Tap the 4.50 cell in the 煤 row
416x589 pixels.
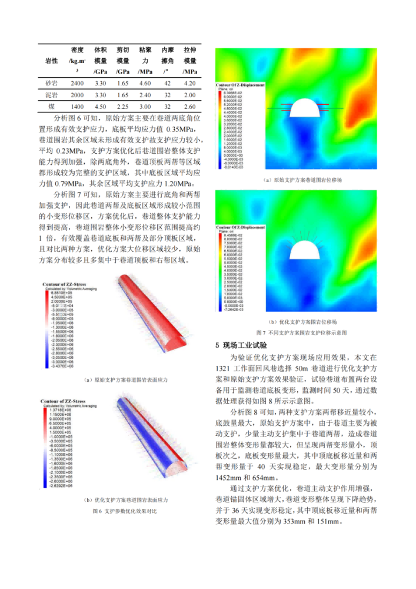[x=101, y=107]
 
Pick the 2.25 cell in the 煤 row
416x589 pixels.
[x=123, y=107]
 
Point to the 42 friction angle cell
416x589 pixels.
[x=168, y=83]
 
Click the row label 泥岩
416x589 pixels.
[x=51, y=95]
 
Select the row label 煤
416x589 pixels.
[x=51, y=107]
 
